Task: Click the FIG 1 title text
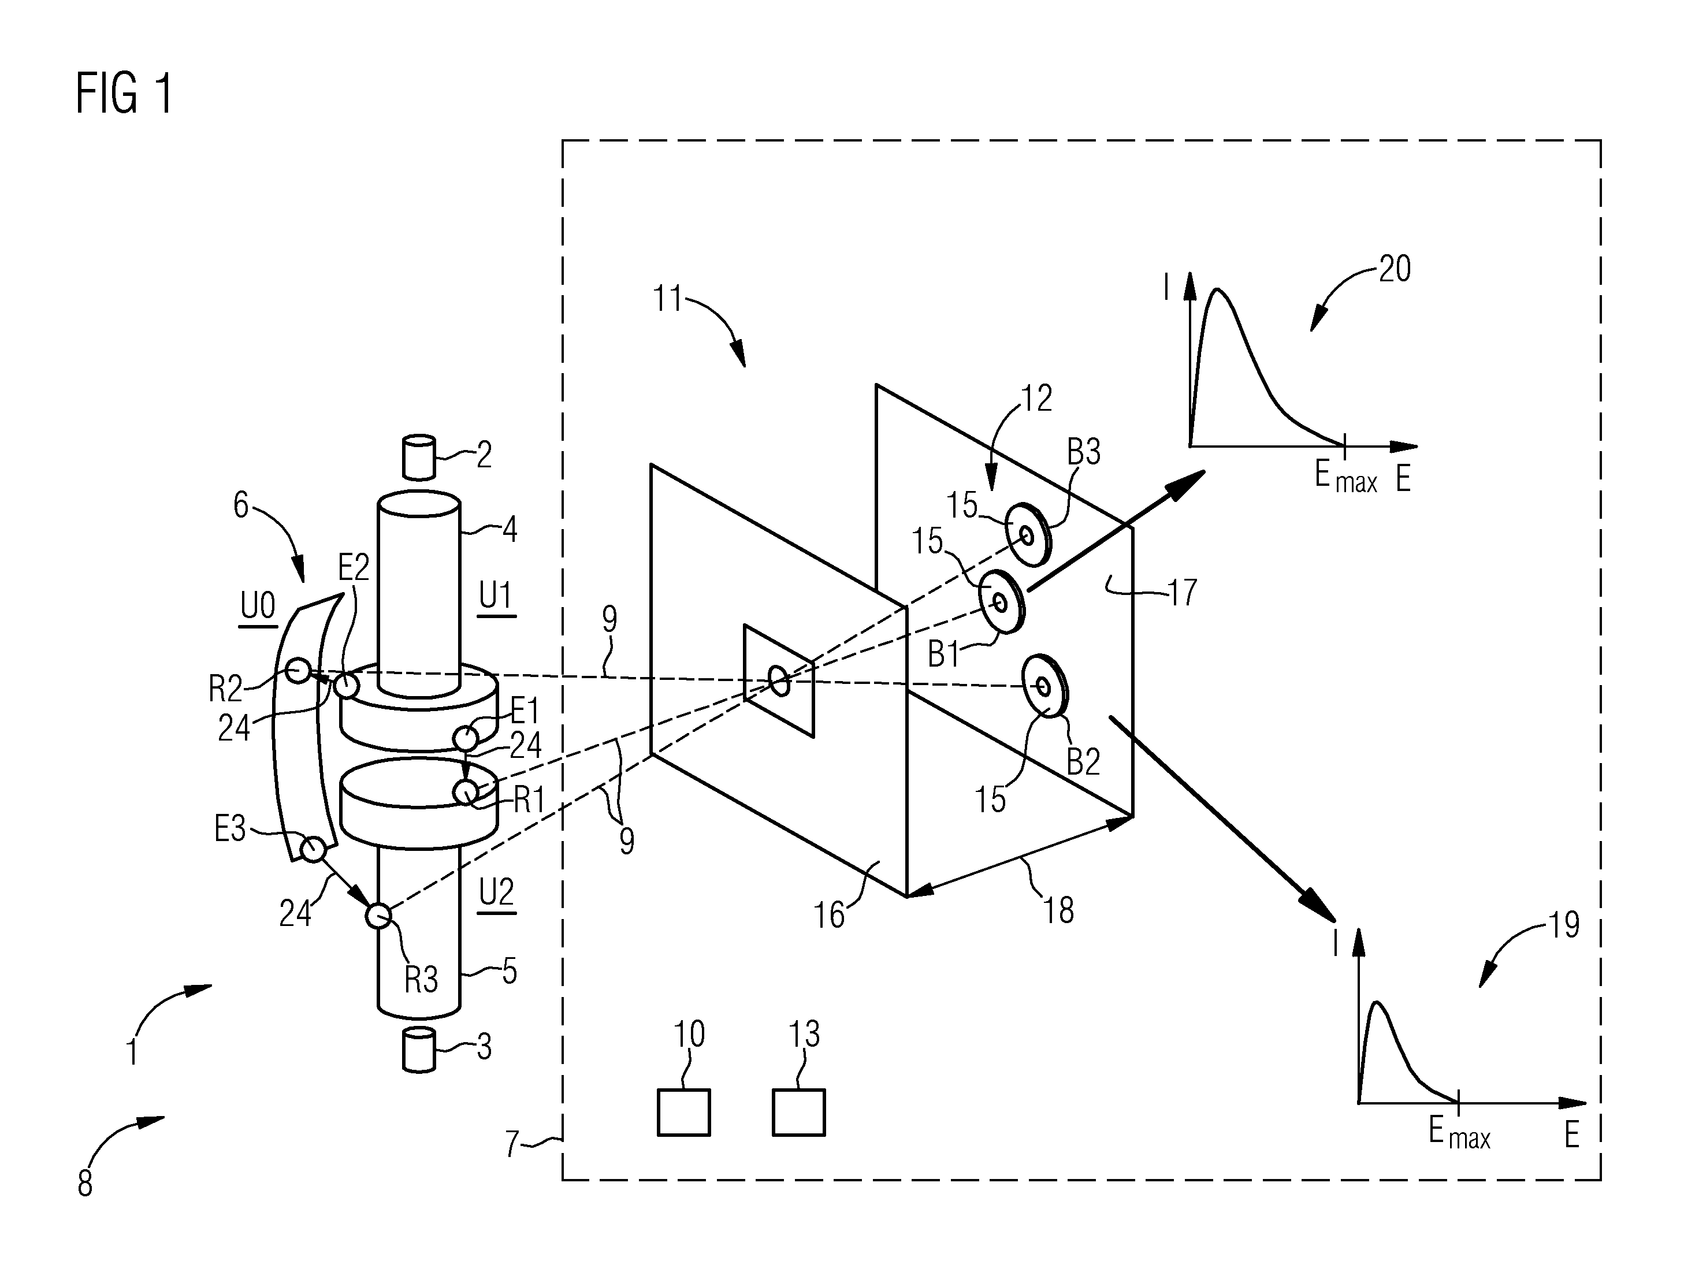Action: (124, 94)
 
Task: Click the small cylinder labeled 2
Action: (419, 458)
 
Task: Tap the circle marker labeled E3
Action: (313, 849)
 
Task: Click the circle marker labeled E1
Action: (466, 738)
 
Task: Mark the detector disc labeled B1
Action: (1002, 602)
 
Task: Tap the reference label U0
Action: (257, 608)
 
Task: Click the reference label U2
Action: (496, 891)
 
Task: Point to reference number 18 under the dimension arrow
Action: (1058, 910)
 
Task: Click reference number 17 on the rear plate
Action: (1183, 592)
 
